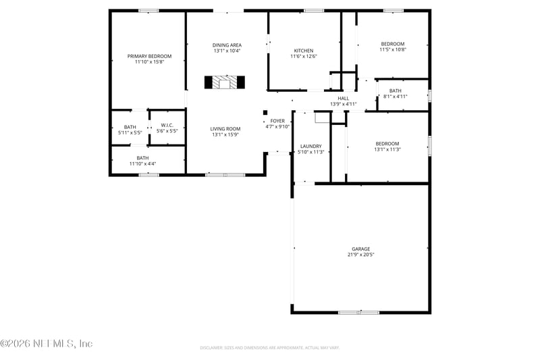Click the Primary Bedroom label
pos(149,56)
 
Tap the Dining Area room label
pos(227,45)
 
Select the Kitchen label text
pos(303,51)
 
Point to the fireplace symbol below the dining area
pos(225,82)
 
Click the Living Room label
pos(225,129)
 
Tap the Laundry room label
pos(310,146)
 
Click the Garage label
pos(360,249)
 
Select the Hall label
pos(343,98)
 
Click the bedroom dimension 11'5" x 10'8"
pos(392,49)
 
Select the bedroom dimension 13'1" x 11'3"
pos(387,149)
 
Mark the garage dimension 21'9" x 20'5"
pos(360,255)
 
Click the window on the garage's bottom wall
pos(358,312)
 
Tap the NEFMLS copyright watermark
pos(46,344)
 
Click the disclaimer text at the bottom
pos(269,348)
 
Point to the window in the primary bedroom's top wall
pos(148,11)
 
